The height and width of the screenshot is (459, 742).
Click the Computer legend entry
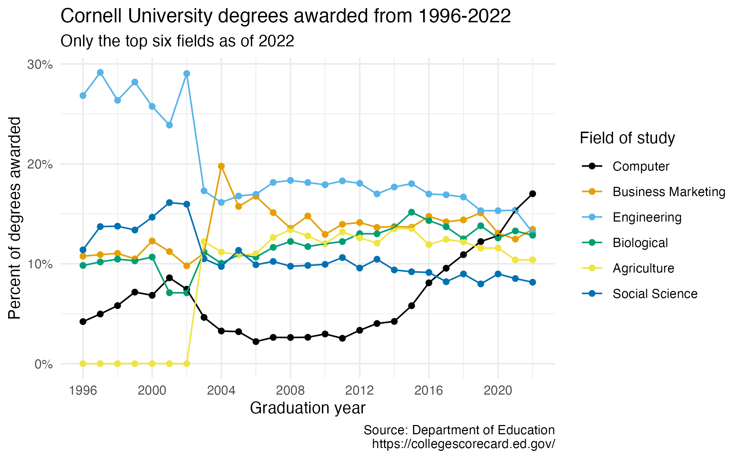(x=641, y=166)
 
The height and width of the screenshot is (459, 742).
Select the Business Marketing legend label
(x=669, y=192)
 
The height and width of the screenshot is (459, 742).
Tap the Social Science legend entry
(x=655, y=294)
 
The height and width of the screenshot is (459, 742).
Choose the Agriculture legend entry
(x=643, y=268)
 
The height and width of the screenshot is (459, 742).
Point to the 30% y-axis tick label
(x=40, y=64)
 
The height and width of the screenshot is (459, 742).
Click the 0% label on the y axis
(x=43, y=364)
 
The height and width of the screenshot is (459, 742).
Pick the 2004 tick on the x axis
(x=221, y=391)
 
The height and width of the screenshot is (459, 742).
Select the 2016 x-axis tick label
(x=429, y=391)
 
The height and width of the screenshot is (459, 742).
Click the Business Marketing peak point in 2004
(x=221, y=166)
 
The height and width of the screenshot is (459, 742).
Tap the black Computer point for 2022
(x=532, y=194)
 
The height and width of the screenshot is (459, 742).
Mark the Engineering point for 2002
(x=187, y=74)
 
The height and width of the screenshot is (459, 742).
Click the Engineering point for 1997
(x=100, y=73)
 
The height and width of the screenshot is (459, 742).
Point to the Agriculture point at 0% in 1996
(x=83, y=363)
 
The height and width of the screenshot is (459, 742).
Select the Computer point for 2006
(x=256, y=342)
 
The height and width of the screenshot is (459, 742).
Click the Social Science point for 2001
(x=169, y=202)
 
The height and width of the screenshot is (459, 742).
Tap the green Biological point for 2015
(x=411, y=212)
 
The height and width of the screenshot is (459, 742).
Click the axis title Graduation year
(x=307, y=408)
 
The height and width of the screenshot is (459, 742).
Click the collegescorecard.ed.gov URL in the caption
(x=463, y=444)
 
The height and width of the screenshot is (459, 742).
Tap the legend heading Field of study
(x=627, y=138)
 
